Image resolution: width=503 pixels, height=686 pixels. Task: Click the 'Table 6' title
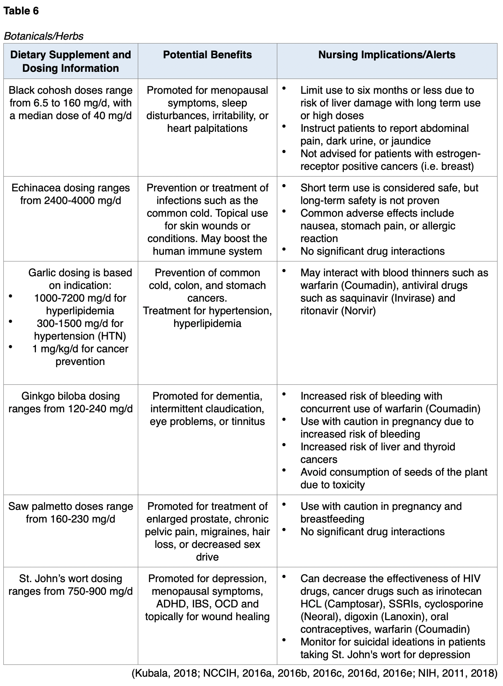click(x=21, y=11)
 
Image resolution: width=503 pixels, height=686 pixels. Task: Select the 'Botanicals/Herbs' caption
click(x=44, y=36)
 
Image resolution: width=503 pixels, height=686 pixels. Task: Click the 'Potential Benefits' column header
click(x=207, y=55)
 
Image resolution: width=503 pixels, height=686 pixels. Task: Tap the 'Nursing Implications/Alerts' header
click(x=386, y=55)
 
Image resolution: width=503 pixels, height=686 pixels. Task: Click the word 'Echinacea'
click(x=35, y=188)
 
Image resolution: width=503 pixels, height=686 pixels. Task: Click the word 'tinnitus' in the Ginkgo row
click(x=248, y=422)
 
